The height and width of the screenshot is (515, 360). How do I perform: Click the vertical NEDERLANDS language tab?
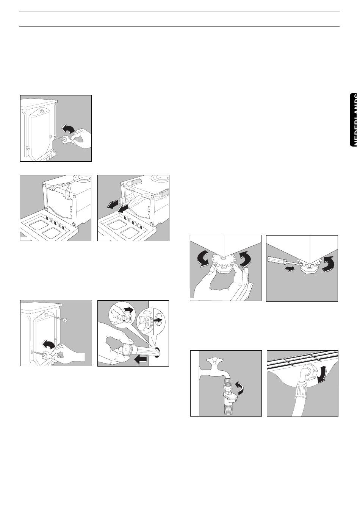coord(354,114)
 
